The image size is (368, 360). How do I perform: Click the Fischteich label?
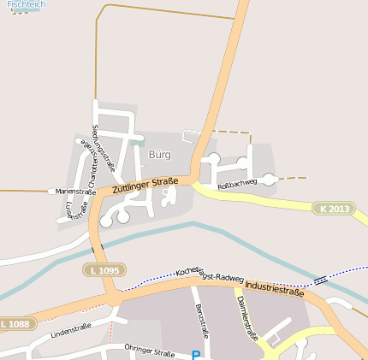coord(26,5)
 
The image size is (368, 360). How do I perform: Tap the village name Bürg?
coord(160,155)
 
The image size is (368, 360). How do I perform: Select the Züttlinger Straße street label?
coord(145,185)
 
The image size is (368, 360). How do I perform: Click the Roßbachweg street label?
coord(237,183)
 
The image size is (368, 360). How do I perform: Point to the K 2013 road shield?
coord(333,209)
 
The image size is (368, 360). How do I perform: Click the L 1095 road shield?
coord(104,270)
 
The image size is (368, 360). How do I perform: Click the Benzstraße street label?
coord(202,320)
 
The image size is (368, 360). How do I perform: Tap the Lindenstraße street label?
coord(71,330)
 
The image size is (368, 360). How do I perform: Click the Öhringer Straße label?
coord(149,351)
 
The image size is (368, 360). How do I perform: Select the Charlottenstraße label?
coord(87,161)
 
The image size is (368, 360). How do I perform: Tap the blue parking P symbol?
coord(195,354)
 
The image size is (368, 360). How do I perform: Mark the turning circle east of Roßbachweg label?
coord(269,179)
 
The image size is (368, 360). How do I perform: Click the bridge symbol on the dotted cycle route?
coord(320,280)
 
